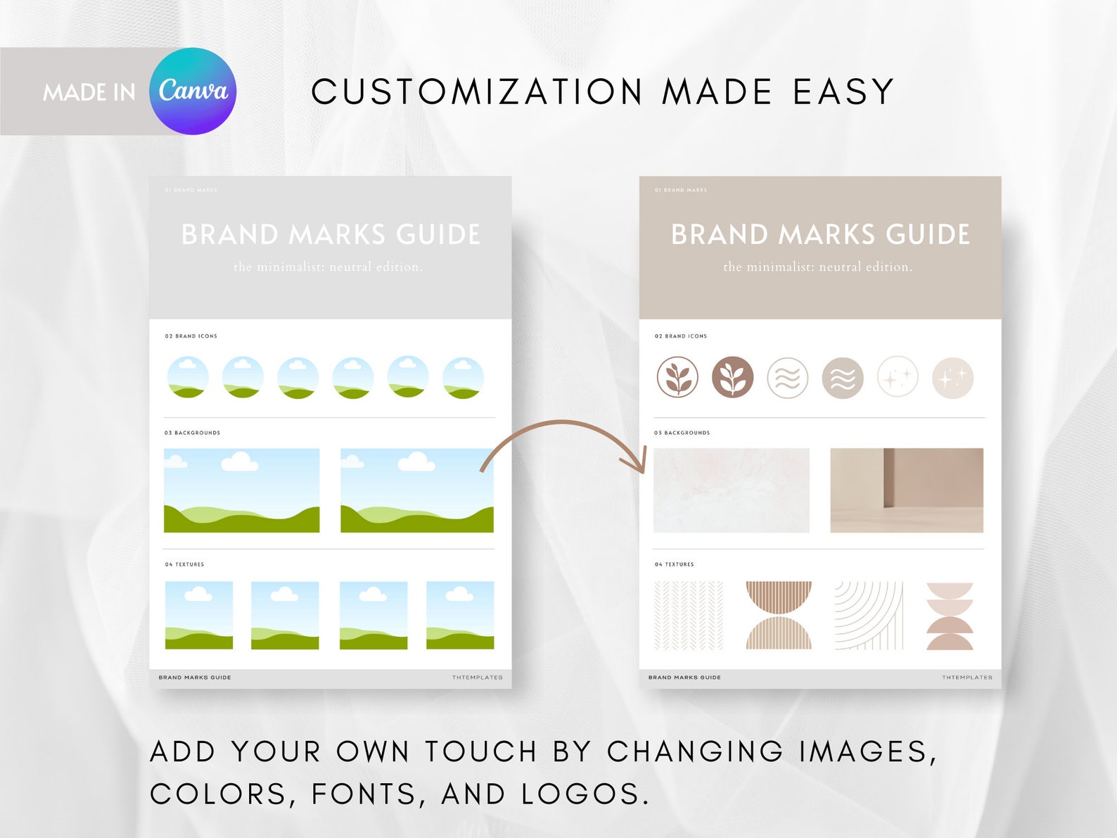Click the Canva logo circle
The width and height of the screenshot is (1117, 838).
193,91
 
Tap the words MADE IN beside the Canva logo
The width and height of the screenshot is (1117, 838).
89,92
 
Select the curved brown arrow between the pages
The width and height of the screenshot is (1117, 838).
563,443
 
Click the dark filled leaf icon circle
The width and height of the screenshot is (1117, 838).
732,378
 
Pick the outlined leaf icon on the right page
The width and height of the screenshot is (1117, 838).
677,378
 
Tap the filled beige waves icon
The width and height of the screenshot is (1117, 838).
843,378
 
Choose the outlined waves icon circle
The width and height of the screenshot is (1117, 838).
787,378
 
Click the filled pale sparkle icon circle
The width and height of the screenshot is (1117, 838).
952,378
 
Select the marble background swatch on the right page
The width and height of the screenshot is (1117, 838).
732,490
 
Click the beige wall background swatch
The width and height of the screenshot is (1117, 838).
907,490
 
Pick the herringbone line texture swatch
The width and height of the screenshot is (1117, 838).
689,616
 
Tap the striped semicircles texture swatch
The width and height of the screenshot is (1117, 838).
779,616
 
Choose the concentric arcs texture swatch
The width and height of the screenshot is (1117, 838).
869,616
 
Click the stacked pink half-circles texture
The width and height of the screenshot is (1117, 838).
950,616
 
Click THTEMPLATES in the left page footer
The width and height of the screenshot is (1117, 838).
478,678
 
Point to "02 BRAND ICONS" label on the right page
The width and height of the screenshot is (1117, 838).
681,336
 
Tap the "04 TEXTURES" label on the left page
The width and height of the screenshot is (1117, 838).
184,564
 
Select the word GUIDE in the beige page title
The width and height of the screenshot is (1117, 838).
928,235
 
